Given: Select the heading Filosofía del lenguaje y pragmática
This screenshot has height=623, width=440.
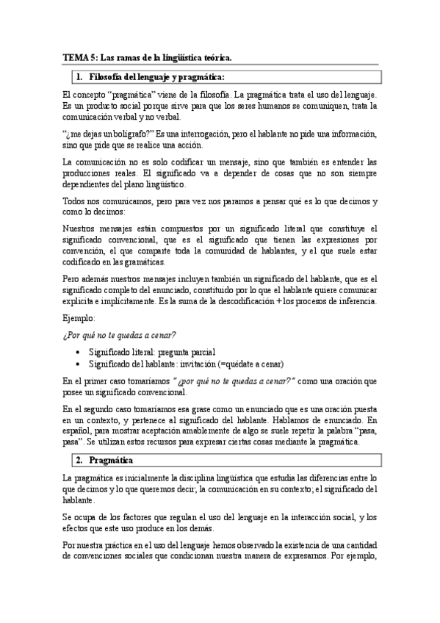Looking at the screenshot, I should pos(156,76).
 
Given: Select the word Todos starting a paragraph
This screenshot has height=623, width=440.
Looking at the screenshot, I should pos(74,201).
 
